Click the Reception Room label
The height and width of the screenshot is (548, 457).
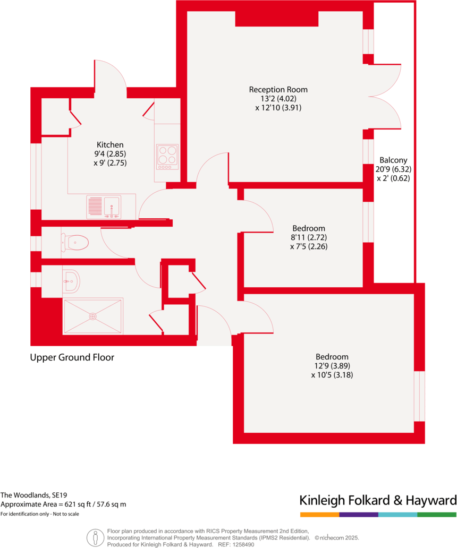[x=278, y=89]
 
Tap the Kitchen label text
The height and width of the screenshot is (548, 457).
[x=110, y=144]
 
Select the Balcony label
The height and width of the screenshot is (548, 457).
[x=393, y=160]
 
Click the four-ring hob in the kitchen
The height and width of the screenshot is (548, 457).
[x=167, y=155]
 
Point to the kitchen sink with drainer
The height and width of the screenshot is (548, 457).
[x=104, y=207]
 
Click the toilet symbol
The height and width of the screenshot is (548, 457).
[x=75, y=243]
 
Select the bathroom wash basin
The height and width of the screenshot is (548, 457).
[x=71, y=280]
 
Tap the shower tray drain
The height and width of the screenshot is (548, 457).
[x=93, y=316]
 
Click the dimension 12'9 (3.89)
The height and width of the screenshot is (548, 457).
[x=332, y=366]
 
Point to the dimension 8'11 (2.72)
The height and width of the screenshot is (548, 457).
[x=308, y=237]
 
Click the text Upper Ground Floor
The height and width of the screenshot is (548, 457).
[x=72, y=357]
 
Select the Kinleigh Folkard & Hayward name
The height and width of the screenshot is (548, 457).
[x=378, y=500]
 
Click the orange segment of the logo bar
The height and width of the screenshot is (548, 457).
[x=319, y=515]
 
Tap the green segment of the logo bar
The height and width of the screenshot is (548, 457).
[x=437, y=515]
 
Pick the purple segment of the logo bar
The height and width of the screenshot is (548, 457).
[x=358, y=515]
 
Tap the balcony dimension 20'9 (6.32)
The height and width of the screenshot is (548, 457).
[x=393, y=169]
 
